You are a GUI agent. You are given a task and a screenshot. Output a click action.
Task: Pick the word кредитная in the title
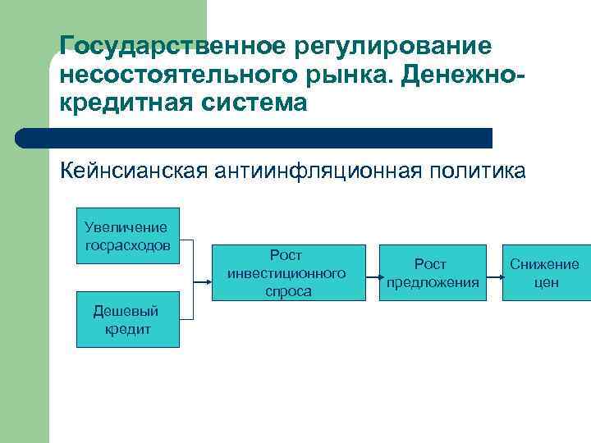tap(123, 105)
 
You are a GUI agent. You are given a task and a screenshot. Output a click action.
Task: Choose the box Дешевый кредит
tap(127, 319)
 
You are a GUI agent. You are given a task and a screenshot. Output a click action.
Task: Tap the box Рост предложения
tap(432, 273)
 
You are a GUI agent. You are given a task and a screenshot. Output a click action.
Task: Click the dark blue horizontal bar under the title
tap(254, 138)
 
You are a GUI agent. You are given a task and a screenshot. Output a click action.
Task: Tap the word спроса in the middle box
tap(288, 291)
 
